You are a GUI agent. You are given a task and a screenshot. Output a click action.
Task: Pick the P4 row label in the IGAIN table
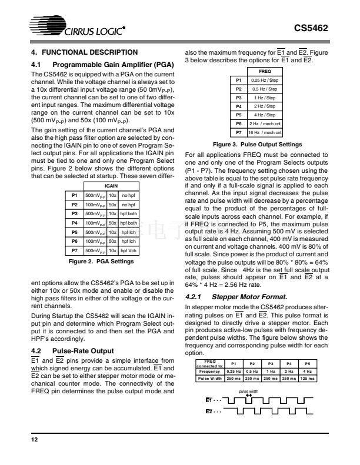[x=75, y=223]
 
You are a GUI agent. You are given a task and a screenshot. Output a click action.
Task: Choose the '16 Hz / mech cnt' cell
[x=265, y=133]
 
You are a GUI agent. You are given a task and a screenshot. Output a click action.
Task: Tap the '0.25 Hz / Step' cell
[x=265, y=80]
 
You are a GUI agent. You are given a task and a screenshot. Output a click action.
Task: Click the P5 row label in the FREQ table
[x=239, y=115]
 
